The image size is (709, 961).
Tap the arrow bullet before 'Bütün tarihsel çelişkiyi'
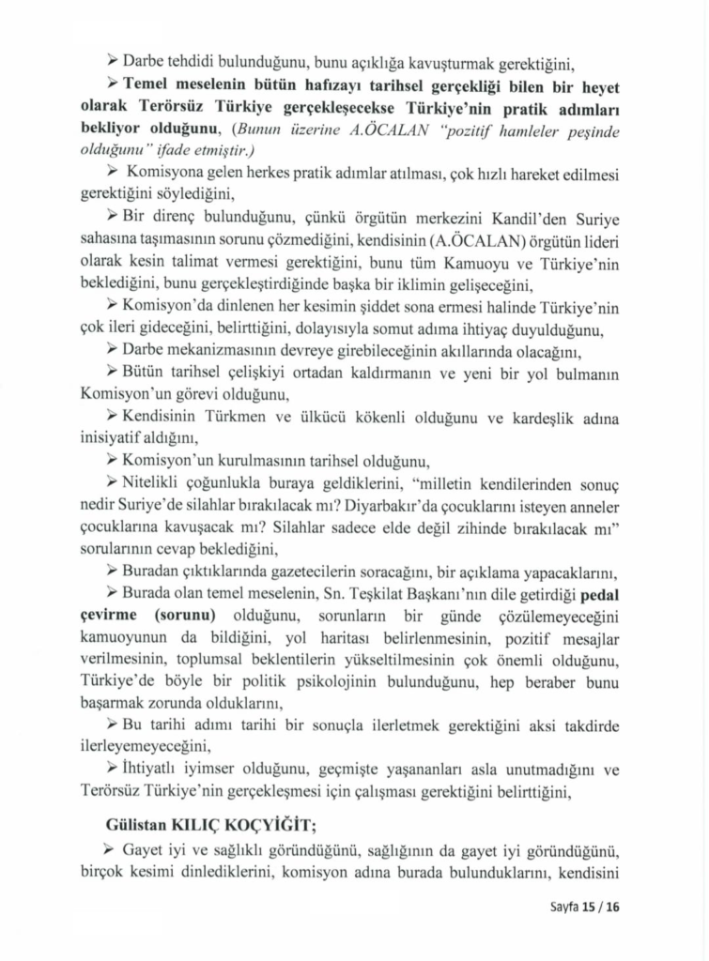point(113,374)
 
